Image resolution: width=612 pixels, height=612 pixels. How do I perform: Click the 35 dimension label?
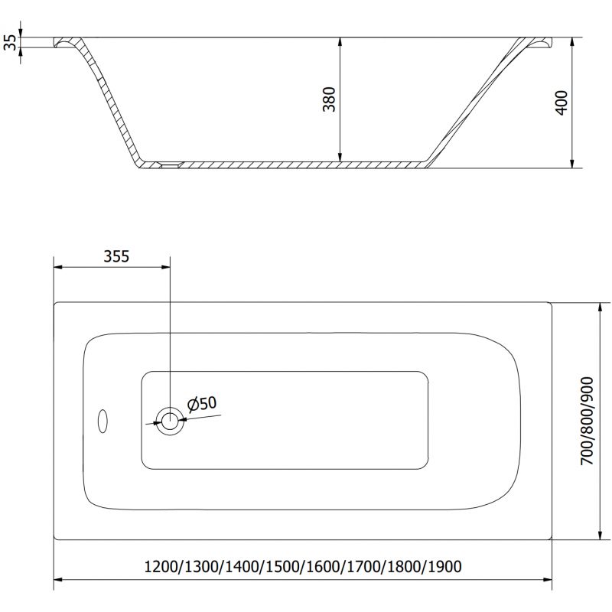coord(10,42)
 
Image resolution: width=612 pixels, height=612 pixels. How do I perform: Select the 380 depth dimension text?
coord(330,100)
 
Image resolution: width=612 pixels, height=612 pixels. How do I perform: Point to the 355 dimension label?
coord(116,257)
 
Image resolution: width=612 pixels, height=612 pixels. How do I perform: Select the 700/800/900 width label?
coord(587,422)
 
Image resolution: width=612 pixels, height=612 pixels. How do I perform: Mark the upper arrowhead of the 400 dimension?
coord(572,43)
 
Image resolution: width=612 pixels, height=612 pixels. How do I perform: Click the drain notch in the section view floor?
coord(168,163)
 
